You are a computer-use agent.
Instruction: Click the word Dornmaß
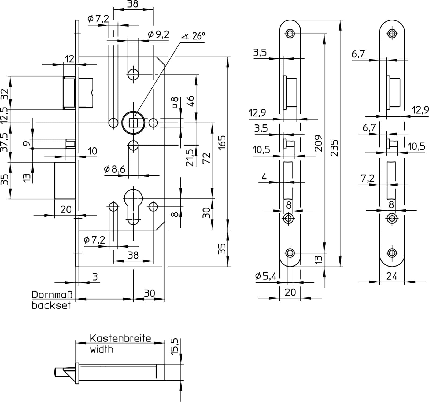52,295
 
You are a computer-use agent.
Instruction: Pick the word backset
51,305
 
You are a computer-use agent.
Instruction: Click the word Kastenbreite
120,338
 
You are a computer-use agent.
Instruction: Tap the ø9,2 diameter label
158,34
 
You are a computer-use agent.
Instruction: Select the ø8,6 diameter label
114,169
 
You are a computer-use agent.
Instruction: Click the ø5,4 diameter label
265,276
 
